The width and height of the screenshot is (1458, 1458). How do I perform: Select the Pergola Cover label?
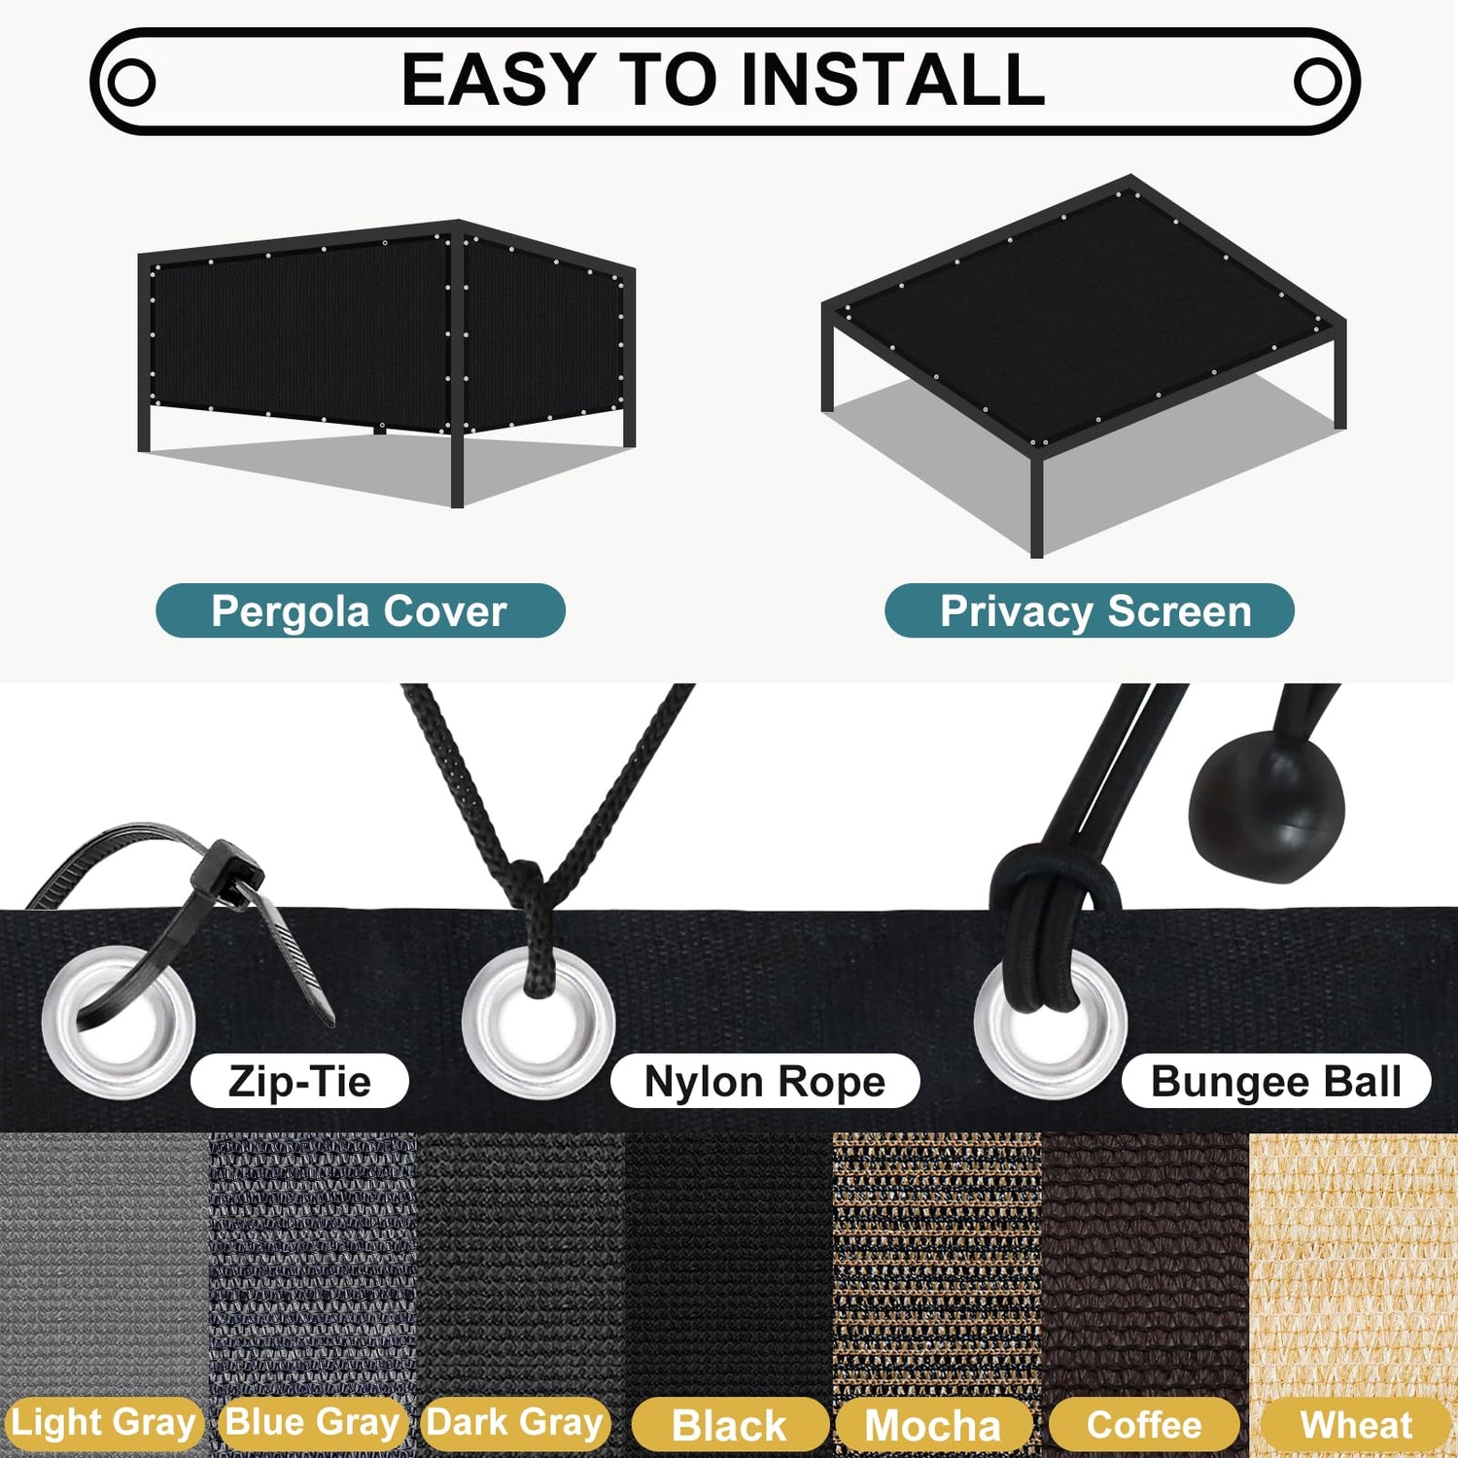pyautogui.click(x=360, y=611)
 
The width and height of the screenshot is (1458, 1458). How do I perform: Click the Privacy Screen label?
pyautogui.click(x=1089, y=611)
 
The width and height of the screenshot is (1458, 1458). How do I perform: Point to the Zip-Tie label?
pyautogui.click(x=299, y=1081)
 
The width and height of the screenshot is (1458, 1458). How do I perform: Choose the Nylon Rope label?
pyautogui.click(x=765, y=1081)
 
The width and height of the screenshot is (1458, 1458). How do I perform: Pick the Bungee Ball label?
pyautogui.click(x=1276, y=1081)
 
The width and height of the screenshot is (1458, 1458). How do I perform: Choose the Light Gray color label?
pyautogui.click(x=103, y=1423)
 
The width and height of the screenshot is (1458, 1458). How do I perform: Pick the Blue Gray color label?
pyautogui.click(x=312, y=1423)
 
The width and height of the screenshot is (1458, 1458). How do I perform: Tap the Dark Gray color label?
pyautogui.click(x=515, y=1423)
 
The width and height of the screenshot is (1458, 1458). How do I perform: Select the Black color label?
pyautogui.click(x=729, y=1425)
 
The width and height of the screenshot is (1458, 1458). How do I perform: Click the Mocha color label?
pyautogui.click(x=933, y=1425)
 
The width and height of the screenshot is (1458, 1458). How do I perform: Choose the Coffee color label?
pyautogui.click(x=1144, y=1425)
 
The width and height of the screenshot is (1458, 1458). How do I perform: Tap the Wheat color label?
pyautogui.click(x=1356, y=1425)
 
